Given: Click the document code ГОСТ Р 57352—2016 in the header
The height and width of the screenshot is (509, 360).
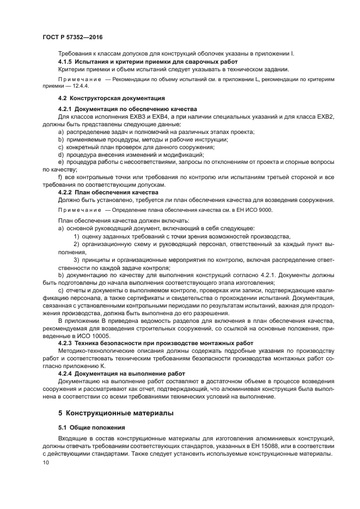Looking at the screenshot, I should tap(72, 36).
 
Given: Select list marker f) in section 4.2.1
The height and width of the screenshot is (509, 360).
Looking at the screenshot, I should tap(60, 177).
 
